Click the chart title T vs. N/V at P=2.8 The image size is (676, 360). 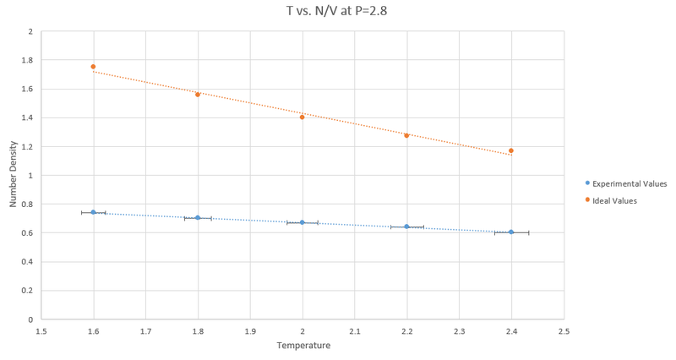[x=337, y=12]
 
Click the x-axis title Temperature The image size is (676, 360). [x=303, y=345]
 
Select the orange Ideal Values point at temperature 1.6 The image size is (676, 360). [x=93, y=67]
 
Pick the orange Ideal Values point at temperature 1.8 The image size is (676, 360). [x=198, y=95]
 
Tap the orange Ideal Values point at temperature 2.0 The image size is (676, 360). [x=302, y=117]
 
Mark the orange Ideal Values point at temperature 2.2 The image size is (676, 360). [x=406, y=135]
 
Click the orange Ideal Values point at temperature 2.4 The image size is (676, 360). [x=511, y=150]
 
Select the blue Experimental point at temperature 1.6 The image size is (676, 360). [x=93, y=212]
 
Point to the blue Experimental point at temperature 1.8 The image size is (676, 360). [x=198, y=218]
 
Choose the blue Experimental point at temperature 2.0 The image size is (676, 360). [x=302, y=222]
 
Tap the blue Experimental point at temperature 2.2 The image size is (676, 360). [x=406, y=226]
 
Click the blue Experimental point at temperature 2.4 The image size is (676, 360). [x=511, y=232]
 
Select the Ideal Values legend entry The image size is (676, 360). [x=614, y=200]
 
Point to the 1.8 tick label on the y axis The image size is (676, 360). [x=28, y=60]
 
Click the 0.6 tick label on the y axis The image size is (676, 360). [x=28, y=233]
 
